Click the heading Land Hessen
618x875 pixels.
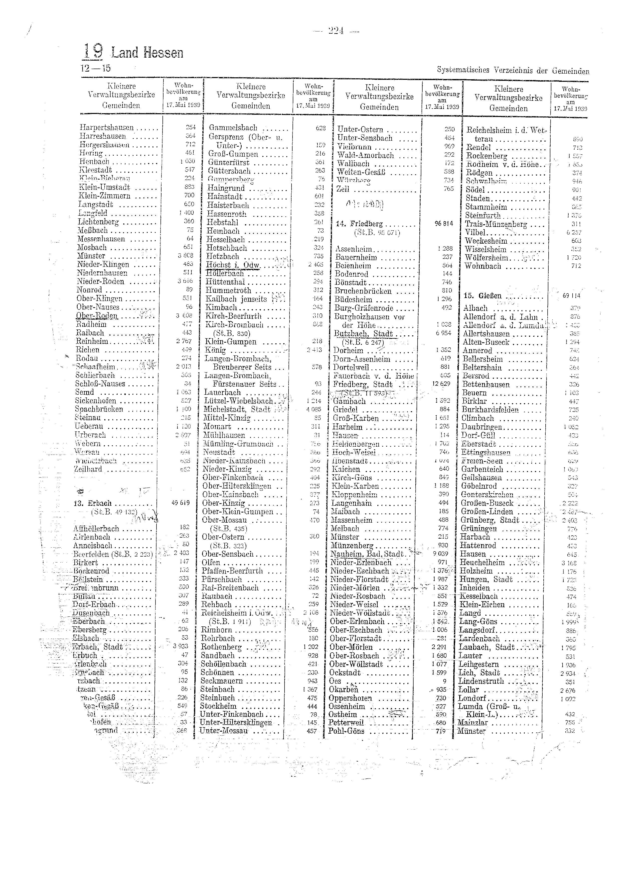point(148,53)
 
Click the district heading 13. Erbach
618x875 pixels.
point(93,503)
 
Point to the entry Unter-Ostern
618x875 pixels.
point(360,130)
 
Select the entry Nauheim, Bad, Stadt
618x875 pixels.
point(367,554)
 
